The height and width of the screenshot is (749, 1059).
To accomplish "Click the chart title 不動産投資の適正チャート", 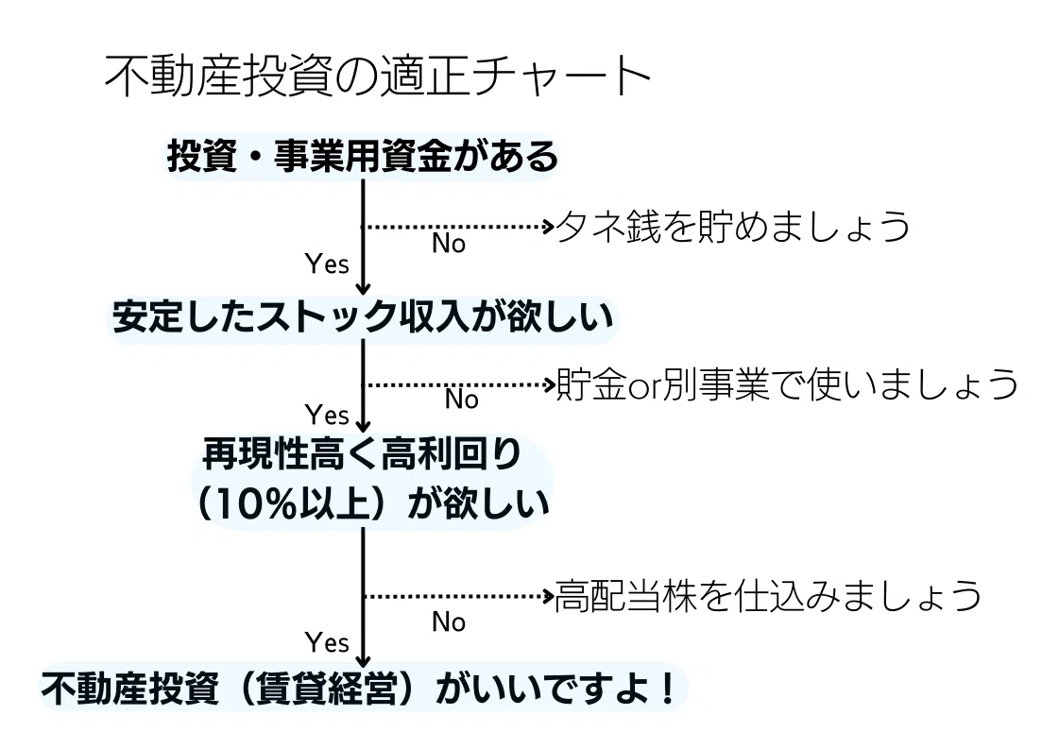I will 378,77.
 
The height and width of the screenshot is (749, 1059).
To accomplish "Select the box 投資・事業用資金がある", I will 363,157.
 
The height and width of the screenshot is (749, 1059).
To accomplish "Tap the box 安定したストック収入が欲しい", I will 363,317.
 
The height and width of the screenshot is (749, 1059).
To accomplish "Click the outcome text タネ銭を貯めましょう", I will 733,227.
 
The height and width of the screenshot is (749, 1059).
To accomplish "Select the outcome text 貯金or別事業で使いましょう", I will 788,384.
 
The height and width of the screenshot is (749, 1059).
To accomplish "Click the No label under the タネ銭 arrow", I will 449,244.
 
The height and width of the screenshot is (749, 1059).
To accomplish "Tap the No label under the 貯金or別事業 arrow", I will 462,400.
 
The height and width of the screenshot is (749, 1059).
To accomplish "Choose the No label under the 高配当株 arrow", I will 449,621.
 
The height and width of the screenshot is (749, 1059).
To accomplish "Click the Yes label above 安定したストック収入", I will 328,264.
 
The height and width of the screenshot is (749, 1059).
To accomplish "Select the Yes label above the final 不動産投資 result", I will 328,644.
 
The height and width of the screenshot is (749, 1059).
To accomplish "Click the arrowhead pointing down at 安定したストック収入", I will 364,289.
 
